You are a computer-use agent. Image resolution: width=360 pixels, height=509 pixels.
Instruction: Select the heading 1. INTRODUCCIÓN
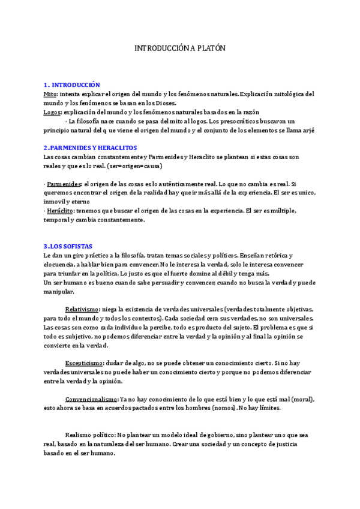[72, 85]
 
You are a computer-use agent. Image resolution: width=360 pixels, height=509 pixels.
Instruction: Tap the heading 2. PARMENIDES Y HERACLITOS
[91, 148]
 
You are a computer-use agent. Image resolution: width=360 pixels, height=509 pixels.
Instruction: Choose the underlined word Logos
[52, 112]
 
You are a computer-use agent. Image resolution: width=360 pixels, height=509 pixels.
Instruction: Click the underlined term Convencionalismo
[91, 399]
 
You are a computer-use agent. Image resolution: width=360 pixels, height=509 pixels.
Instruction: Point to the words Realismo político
[90, 435]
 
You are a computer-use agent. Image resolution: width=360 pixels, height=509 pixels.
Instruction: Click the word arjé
[309, 130]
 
